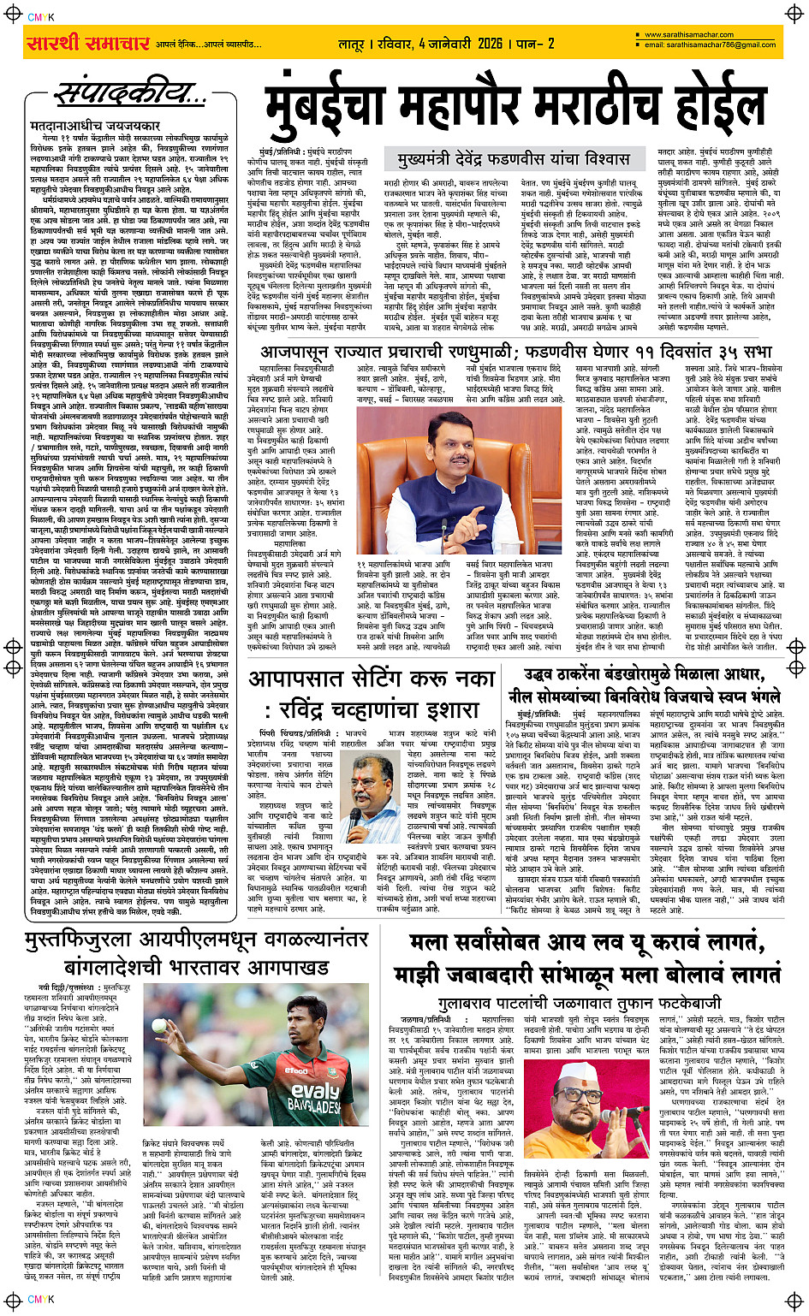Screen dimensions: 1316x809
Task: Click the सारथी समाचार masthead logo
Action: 88,42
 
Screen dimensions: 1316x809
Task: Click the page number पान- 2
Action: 533,43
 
